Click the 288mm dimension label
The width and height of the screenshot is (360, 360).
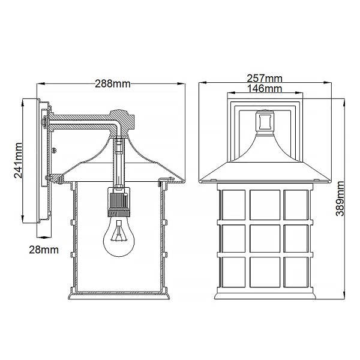(113, 84)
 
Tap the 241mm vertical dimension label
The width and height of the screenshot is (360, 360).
(18, 160)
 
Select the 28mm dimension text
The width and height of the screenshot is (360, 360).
(44, 250)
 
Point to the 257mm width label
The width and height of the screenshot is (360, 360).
(265, 79)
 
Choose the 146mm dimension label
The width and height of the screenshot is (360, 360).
(265, 88)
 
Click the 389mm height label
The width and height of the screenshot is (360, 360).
(340, 199)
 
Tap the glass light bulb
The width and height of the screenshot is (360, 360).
(119, 236)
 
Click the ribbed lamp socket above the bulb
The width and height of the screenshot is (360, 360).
(119, 202)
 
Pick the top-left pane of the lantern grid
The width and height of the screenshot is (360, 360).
(233, 205)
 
